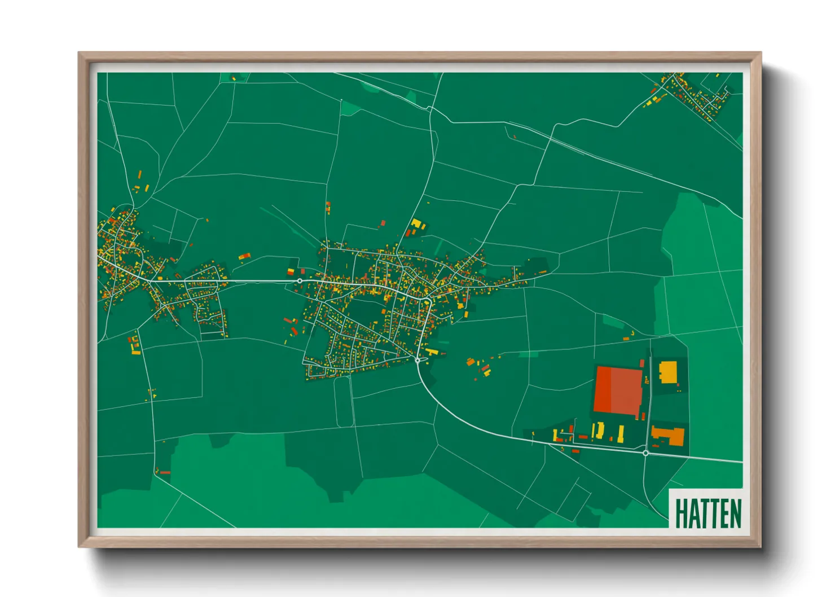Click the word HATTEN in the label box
coord(708,513)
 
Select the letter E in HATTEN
coord(723,513)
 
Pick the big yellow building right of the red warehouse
coord(668,372)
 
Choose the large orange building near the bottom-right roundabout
coord(668,436)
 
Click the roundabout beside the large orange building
coord(645,453)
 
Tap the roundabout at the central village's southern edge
coord(417,360)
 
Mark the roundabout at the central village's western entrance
coord(300,280)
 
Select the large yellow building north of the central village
coord(417,224)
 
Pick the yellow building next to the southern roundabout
coord(432,352)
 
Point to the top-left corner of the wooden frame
coord(79,53)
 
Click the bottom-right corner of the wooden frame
coord(761,547)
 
